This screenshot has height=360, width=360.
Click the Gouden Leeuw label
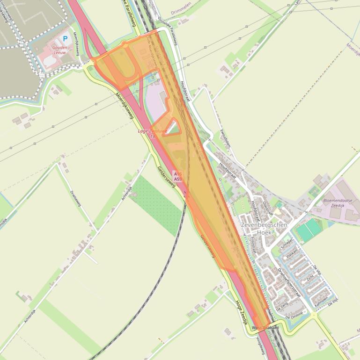coord(59,50)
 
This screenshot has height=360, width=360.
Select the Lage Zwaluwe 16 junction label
coord(153,133)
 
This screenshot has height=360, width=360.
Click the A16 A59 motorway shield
coord(178,176)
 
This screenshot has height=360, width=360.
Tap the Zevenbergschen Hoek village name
coord(264,229)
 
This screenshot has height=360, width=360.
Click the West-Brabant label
coord(265,328)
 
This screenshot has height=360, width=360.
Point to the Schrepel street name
coord(286,245)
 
